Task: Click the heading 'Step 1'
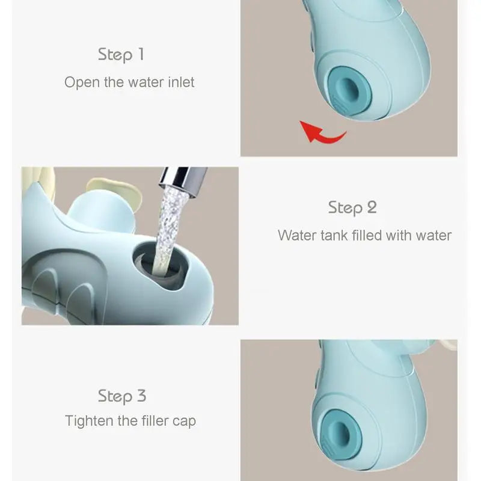coord(121,55)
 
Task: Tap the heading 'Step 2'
coord(352,208)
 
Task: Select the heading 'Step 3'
coord(122,396)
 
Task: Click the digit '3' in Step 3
coord(141,396)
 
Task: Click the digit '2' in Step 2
coord(372,208)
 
